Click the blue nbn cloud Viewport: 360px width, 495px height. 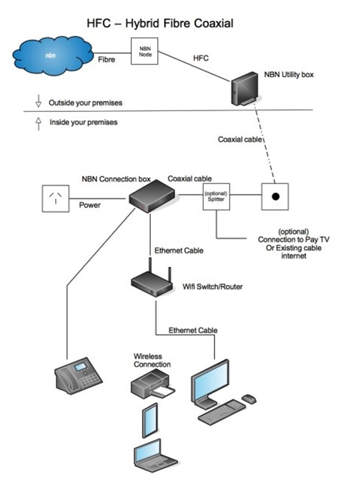click(x=53, y=55)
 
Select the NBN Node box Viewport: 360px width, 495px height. click(x=145, y=51)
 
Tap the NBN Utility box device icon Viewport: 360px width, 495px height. click(x=244, y=88)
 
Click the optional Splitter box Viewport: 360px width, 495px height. click(x=216, y=196)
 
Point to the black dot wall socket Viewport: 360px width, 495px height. click(x=275, y=196)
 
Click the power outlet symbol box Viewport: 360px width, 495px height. click(x=55, y=198)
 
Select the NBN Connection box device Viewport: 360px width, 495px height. click(x=152, y=196)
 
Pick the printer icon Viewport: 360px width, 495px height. click(x=153, y=384)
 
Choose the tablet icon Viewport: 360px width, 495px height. click(x=150, y=420)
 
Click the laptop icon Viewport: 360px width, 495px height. click(x=155, y=455)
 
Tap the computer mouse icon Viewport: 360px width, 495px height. click(x=249, y=399)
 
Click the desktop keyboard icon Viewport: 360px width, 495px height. click(x=222, y=412)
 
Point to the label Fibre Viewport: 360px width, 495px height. click(x=107, y=60)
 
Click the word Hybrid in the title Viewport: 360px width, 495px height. click(x=142, y=23)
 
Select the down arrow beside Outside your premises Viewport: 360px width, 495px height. click(x=38, y=101)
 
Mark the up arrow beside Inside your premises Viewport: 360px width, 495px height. click(x=38, y=124)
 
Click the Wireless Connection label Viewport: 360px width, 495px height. click(x=152, y=360)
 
